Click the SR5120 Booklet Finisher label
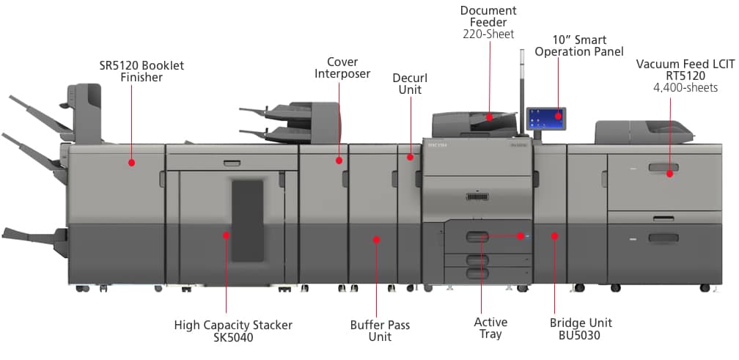coord(141,71)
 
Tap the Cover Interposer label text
coord(342,67)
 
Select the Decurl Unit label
coord(410,84)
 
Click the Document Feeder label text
coord(488,16)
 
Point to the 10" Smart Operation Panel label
coord(579,45)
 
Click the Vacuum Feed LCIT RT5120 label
coord(685,70)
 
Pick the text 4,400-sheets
coord(685,88)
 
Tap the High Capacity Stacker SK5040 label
coord(233,330)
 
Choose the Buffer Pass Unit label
coord(380,331)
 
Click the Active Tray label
coord(490,328)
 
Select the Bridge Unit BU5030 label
coord(581,328)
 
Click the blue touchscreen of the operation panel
coord(545,117)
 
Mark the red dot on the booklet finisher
coord(132,162)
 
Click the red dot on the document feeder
coord(489,117)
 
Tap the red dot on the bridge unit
coord(554,236)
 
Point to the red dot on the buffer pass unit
coord(376,238)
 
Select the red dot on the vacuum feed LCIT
coord(670,174)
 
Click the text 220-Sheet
coord(488,34)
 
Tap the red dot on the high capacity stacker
coord(226,235)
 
